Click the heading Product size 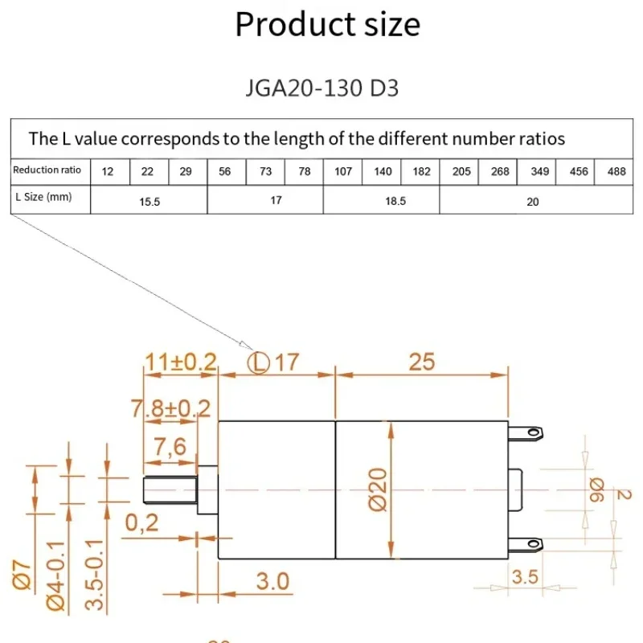[x=327, y=24]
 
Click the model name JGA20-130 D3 [x=322, y=87]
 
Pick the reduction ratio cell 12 [x=109, y=171]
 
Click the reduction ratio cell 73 [x=266, y=171]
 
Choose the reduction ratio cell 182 [x=420, y=171]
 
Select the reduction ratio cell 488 [x=616, y=171]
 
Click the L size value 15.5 [x=149, y=202]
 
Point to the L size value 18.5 [x=382, y=202]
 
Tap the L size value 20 [x=532, y=202]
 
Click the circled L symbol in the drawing [x=257, y=362]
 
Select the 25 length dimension [x=421, y=362]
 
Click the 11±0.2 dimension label [x=181, y=362]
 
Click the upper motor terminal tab [x=527, y=433]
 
